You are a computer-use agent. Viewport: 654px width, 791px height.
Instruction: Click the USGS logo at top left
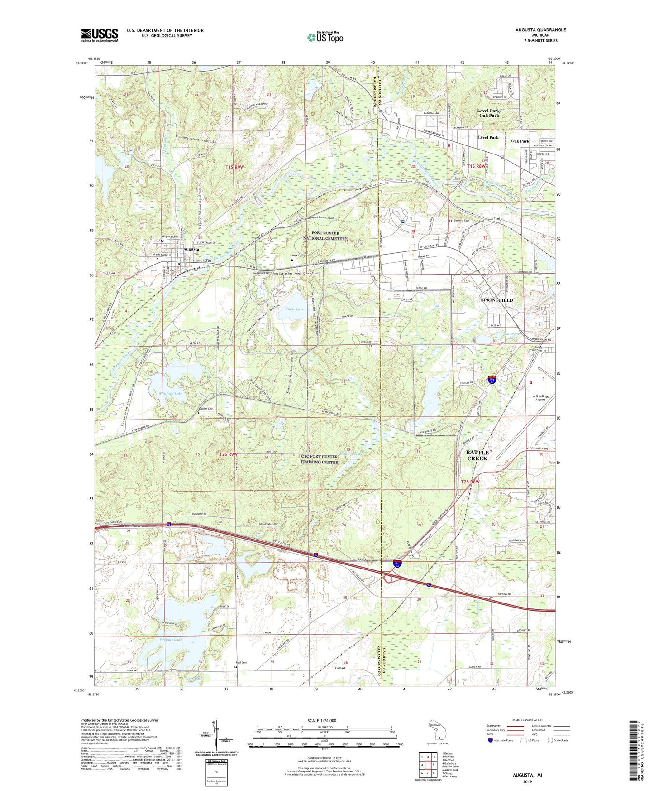pos(100,34)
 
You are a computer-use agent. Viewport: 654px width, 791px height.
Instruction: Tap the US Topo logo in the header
pos(325,37)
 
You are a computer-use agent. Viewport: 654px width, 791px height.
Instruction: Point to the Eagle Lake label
pos(294,309)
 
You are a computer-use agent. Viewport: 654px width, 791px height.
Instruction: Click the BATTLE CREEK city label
pos(477,455)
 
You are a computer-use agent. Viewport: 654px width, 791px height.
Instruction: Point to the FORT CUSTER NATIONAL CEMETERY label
pos(326,236)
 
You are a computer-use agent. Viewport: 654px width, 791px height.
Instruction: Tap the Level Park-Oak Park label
pos(489,113)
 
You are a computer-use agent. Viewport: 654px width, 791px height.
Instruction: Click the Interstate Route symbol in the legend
pos(490,740)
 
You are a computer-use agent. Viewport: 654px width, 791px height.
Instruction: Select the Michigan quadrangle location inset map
pos(436,729)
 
